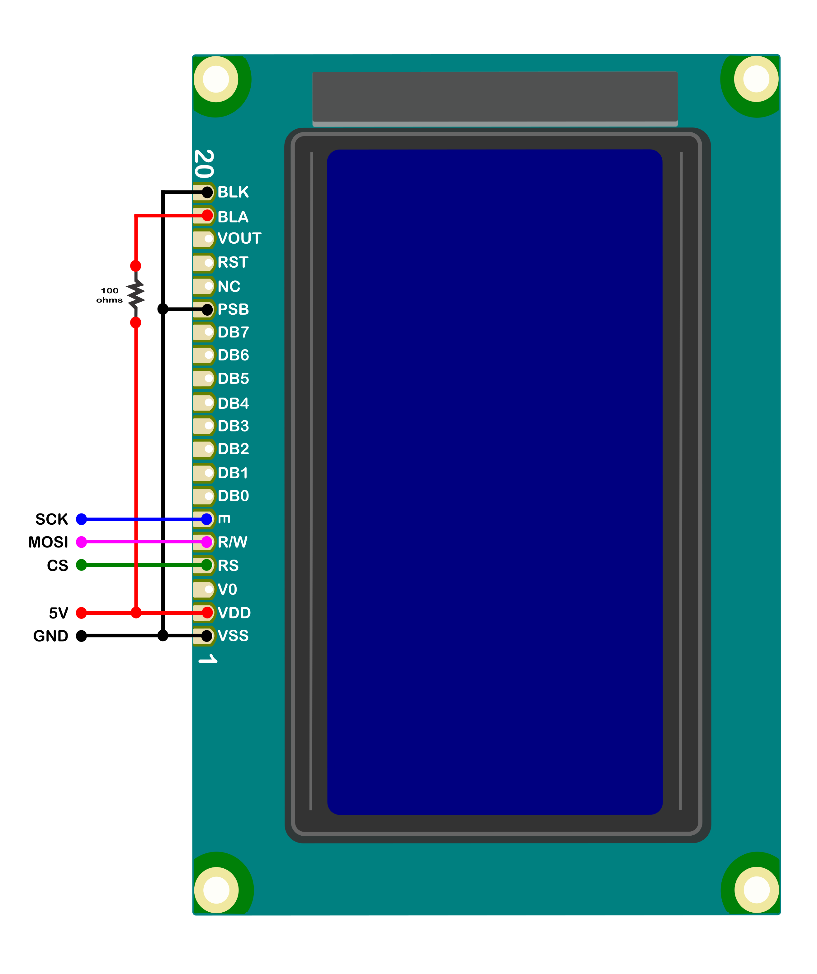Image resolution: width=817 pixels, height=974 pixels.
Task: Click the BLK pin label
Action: tap(233, 192)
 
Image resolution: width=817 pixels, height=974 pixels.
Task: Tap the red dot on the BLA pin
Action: tap(207, 216)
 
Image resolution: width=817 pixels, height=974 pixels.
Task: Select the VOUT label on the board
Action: tap(239, 238)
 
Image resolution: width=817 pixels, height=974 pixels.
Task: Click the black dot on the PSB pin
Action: tap(207, 309)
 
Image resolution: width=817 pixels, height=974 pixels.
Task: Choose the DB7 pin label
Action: tap(234, 332)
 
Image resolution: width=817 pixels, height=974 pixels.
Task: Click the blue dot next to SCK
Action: tap(82, 519)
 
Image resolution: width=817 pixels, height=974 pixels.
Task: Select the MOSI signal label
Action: tap(48, 542)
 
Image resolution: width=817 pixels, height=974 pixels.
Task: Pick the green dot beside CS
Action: tap(82, 565)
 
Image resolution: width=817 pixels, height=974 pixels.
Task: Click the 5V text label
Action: tap(59, 613)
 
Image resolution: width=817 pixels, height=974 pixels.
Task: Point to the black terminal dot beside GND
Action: tap(82, 636)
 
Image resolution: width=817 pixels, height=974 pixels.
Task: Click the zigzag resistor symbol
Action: tap(136, 294)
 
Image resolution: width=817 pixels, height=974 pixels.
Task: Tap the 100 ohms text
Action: tap(109, 295)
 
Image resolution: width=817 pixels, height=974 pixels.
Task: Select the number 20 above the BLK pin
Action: tap(204, 164)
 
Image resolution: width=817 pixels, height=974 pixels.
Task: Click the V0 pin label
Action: tap(227, 590)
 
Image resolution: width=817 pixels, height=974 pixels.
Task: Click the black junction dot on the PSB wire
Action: tap(163, 309)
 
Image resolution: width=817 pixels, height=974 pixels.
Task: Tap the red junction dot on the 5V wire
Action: tap(136, 613)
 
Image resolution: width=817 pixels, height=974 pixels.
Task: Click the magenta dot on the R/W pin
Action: tap(207, 542)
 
